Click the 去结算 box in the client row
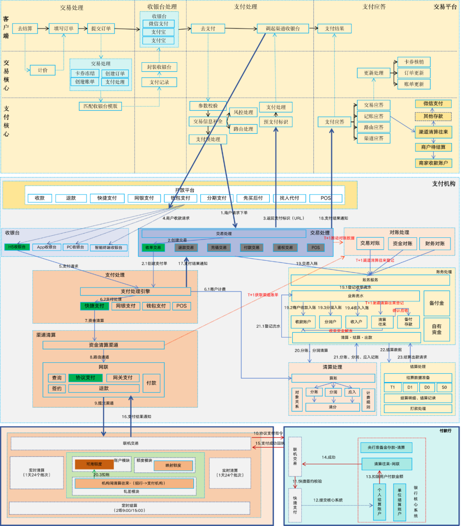coord(25,29)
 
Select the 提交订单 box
coord(101,29)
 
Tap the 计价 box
coord(43,70)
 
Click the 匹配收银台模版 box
coord(100,106)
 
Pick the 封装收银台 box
coord(159,67)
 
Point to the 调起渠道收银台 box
coord(283,29)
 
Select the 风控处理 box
coord(243,112)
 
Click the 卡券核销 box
coord(414,62)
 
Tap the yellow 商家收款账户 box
coord(433,163)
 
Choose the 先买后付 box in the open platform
coord(253,198)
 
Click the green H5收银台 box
coord(17,247)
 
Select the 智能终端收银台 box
coord(108,247)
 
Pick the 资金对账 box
coord(402,243)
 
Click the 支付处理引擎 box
coord(135,291)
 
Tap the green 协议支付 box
coord(86,378)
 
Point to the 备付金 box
coord(436,303)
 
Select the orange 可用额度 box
coord(94,464)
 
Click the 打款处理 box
coord(418,408)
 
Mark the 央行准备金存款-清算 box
coord(386,448)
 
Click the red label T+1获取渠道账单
coord(263,295)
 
